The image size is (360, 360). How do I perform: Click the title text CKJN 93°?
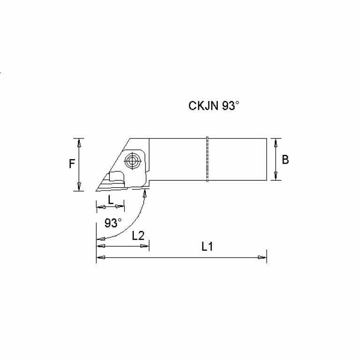point(214,106)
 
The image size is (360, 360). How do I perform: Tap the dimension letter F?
point(72,164)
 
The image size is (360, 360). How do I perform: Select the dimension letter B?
point(285,160)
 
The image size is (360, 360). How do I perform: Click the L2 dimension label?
point(138,236)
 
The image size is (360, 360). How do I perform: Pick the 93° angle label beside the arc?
point(113,222)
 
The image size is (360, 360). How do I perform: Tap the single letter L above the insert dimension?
point(110,199)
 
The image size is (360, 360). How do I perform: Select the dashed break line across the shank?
point(207,160)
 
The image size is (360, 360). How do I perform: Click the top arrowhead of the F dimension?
point(80,142)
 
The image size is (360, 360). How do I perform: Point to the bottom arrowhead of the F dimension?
point(80,187)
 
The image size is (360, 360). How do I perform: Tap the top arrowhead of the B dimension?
point(276,142)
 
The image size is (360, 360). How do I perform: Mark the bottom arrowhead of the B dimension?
point(276,177)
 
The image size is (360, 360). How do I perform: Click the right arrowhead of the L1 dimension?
point(262,257)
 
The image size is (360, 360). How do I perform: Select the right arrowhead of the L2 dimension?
point(146,245)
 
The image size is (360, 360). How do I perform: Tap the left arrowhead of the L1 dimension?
point(100,257)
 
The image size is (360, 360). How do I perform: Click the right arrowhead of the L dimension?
point(122,207)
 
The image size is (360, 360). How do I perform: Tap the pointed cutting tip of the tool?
point(96,191)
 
